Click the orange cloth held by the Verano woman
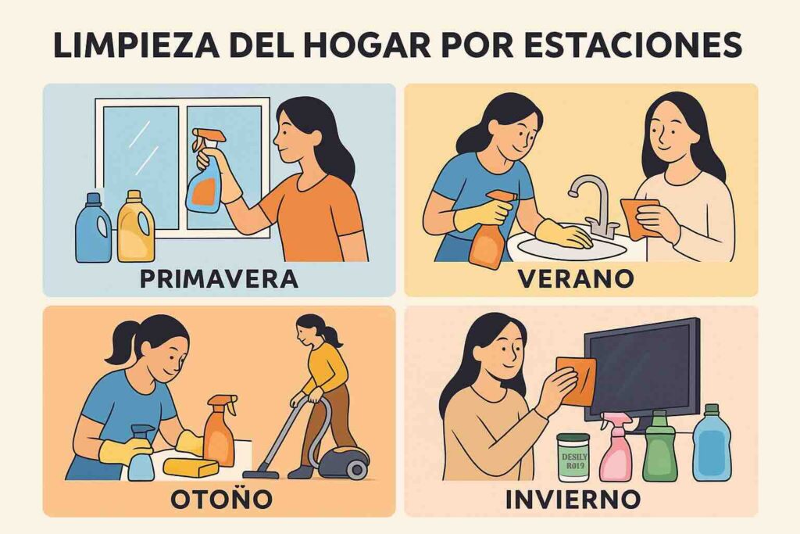(x=638, y=217)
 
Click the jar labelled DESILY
(x=573, y=458)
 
